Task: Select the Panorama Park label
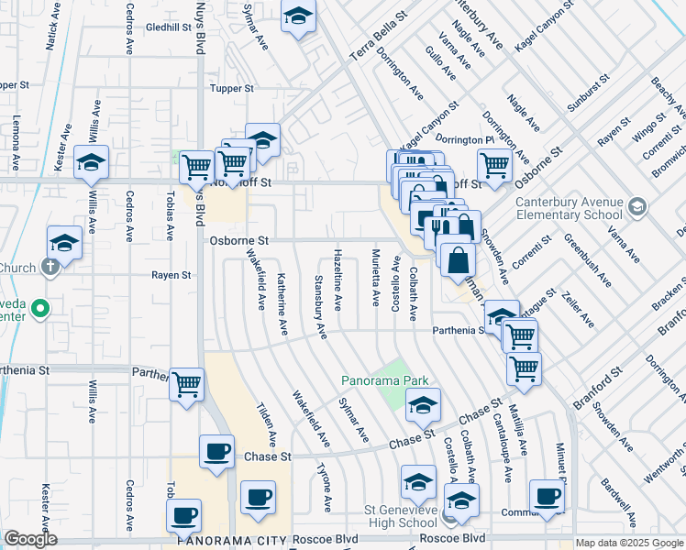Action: (x=385, y=379)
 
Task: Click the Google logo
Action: (x=30, y=539)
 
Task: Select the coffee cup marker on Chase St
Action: (x=216, y=452)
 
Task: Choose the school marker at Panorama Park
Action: (x=423, y=405)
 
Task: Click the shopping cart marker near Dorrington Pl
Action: (x=494, y=166)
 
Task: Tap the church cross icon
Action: (x=50, y=268)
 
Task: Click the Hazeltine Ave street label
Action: (x=338, y=279)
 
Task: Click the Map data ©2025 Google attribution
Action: (x=629, y=543)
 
